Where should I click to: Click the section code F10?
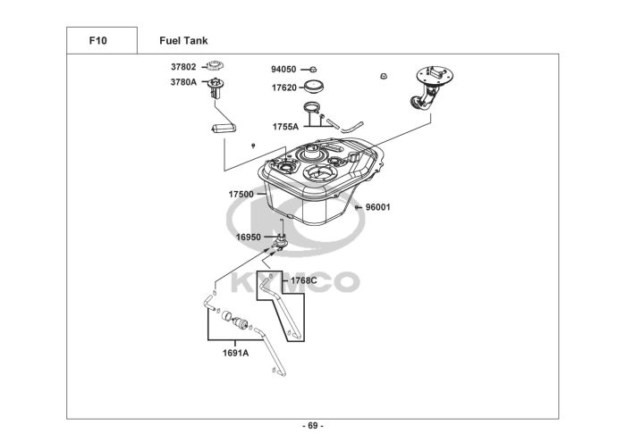[97, 41]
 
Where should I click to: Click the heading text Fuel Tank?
[183, 41]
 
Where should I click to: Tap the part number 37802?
[183, 67]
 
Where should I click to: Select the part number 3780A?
[183, 82]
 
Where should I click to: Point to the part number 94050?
[283, 70]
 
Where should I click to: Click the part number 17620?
[284, 88]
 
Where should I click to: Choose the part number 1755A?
[285, 127]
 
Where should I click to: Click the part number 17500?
[241, 195]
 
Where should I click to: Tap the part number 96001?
[378, 207]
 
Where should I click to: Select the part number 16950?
[249, 238]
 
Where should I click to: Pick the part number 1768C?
[304, 280]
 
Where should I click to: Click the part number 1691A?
[235, 353]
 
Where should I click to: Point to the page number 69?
[313, 426]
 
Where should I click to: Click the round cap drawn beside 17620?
[314, 86]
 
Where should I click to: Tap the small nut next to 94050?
[313, 70]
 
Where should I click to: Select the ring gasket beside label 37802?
[215, 65]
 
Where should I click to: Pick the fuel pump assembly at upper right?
[432, 87]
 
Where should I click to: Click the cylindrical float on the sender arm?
[224, 128]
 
